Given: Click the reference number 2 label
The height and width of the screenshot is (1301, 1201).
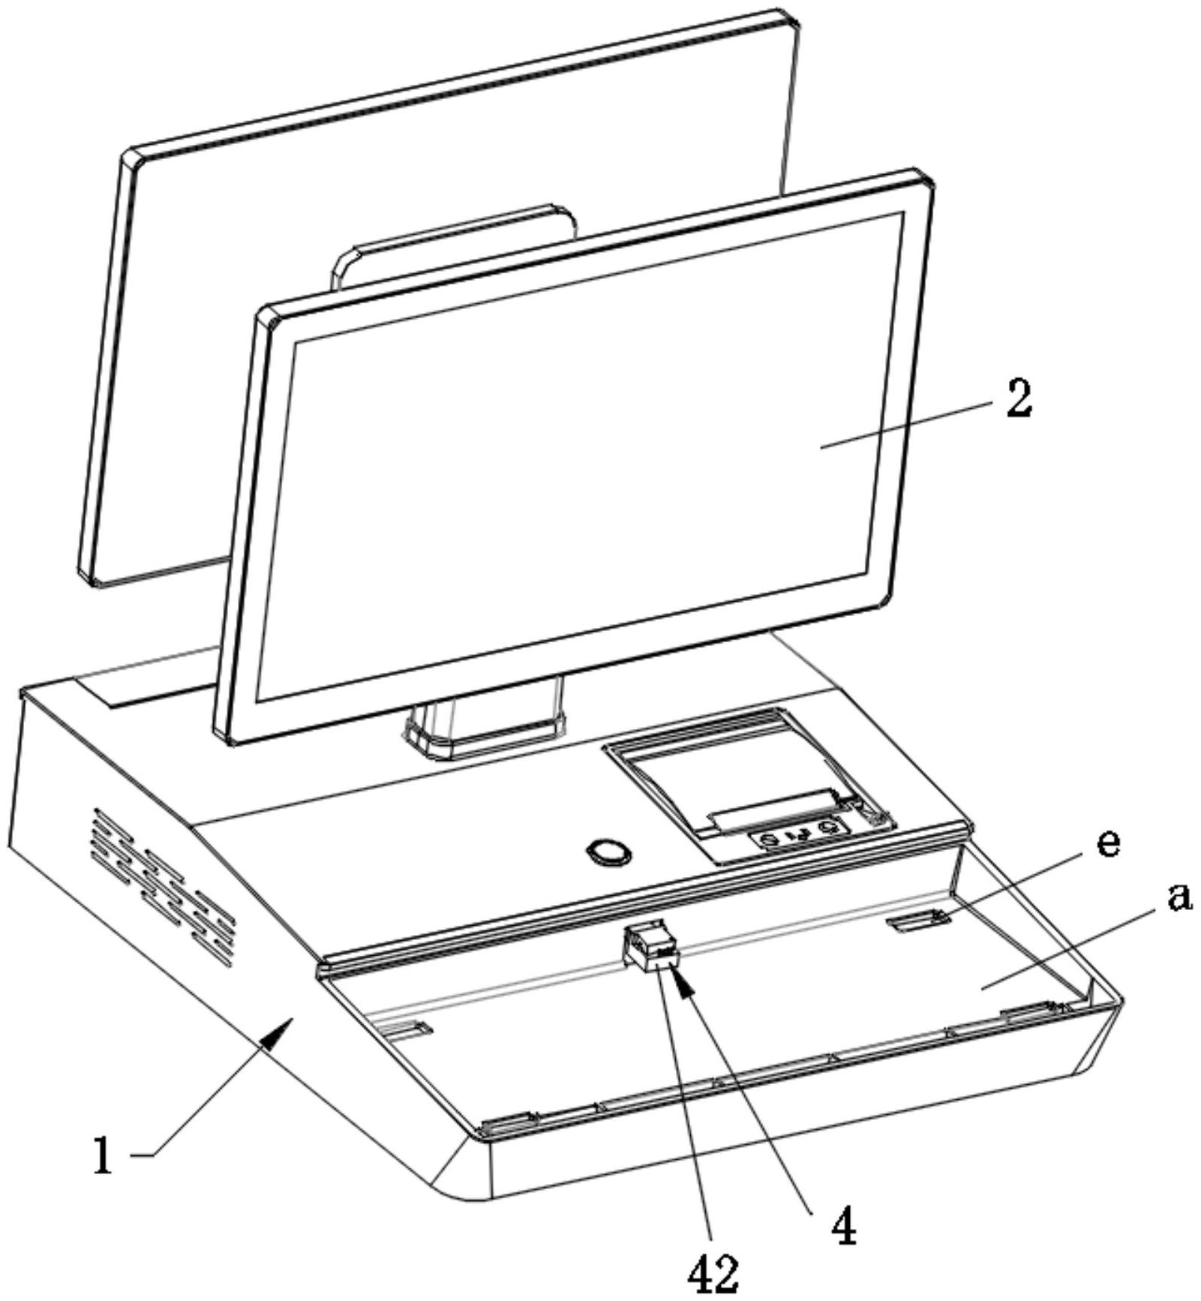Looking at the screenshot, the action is point(1019,398).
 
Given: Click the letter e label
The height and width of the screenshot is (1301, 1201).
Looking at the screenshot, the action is point(1107,843).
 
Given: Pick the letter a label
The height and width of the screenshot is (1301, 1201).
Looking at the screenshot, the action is point(1179,897).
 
